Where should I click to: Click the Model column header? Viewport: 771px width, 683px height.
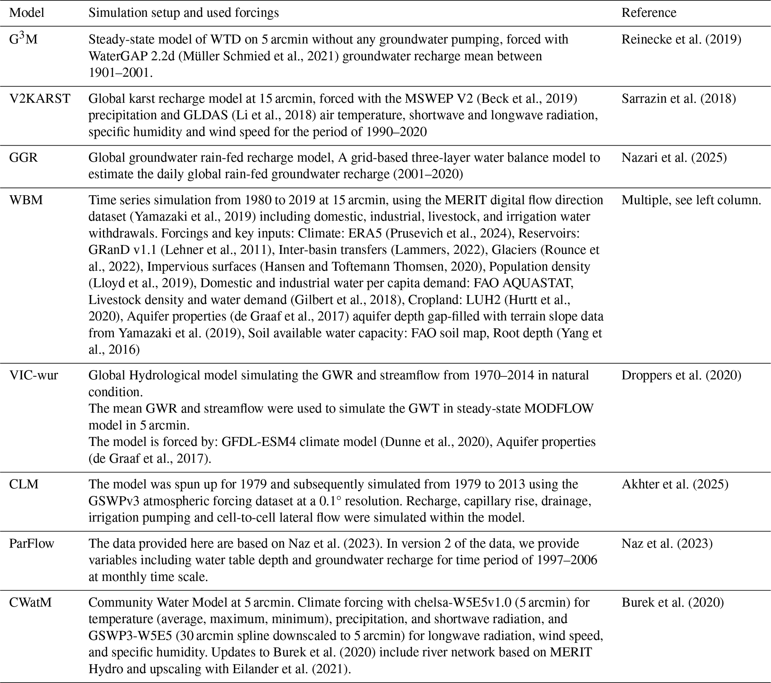coord(26,13)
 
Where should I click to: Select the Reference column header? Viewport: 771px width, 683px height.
coord(649,13)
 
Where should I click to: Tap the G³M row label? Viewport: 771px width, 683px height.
coord(23,39)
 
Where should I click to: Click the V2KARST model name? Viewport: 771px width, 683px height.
coord(40,99)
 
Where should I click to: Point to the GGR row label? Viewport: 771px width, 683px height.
coord(23,158)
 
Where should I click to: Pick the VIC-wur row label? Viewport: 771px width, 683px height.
coord(34,375)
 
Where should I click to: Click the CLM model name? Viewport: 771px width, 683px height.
coord(24,484)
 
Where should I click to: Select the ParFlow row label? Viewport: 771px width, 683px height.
coord(32,543)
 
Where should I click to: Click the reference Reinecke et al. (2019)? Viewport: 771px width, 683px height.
coord(681,39)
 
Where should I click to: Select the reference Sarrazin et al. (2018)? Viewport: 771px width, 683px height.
coord(678,99)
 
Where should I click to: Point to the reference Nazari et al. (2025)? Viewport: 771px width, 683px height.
coord(674,158)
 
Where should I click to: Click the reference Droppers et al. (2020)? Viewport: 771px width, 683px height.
coord(681,375)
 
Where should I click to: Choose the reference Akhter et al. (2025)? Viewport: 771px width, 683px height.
coord(675,484)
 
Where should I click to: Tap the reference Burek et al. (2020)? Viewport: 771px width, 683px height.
coord(673,602)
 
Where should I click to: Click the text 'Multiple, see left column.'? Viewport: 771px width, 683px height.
coord(691,200)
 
